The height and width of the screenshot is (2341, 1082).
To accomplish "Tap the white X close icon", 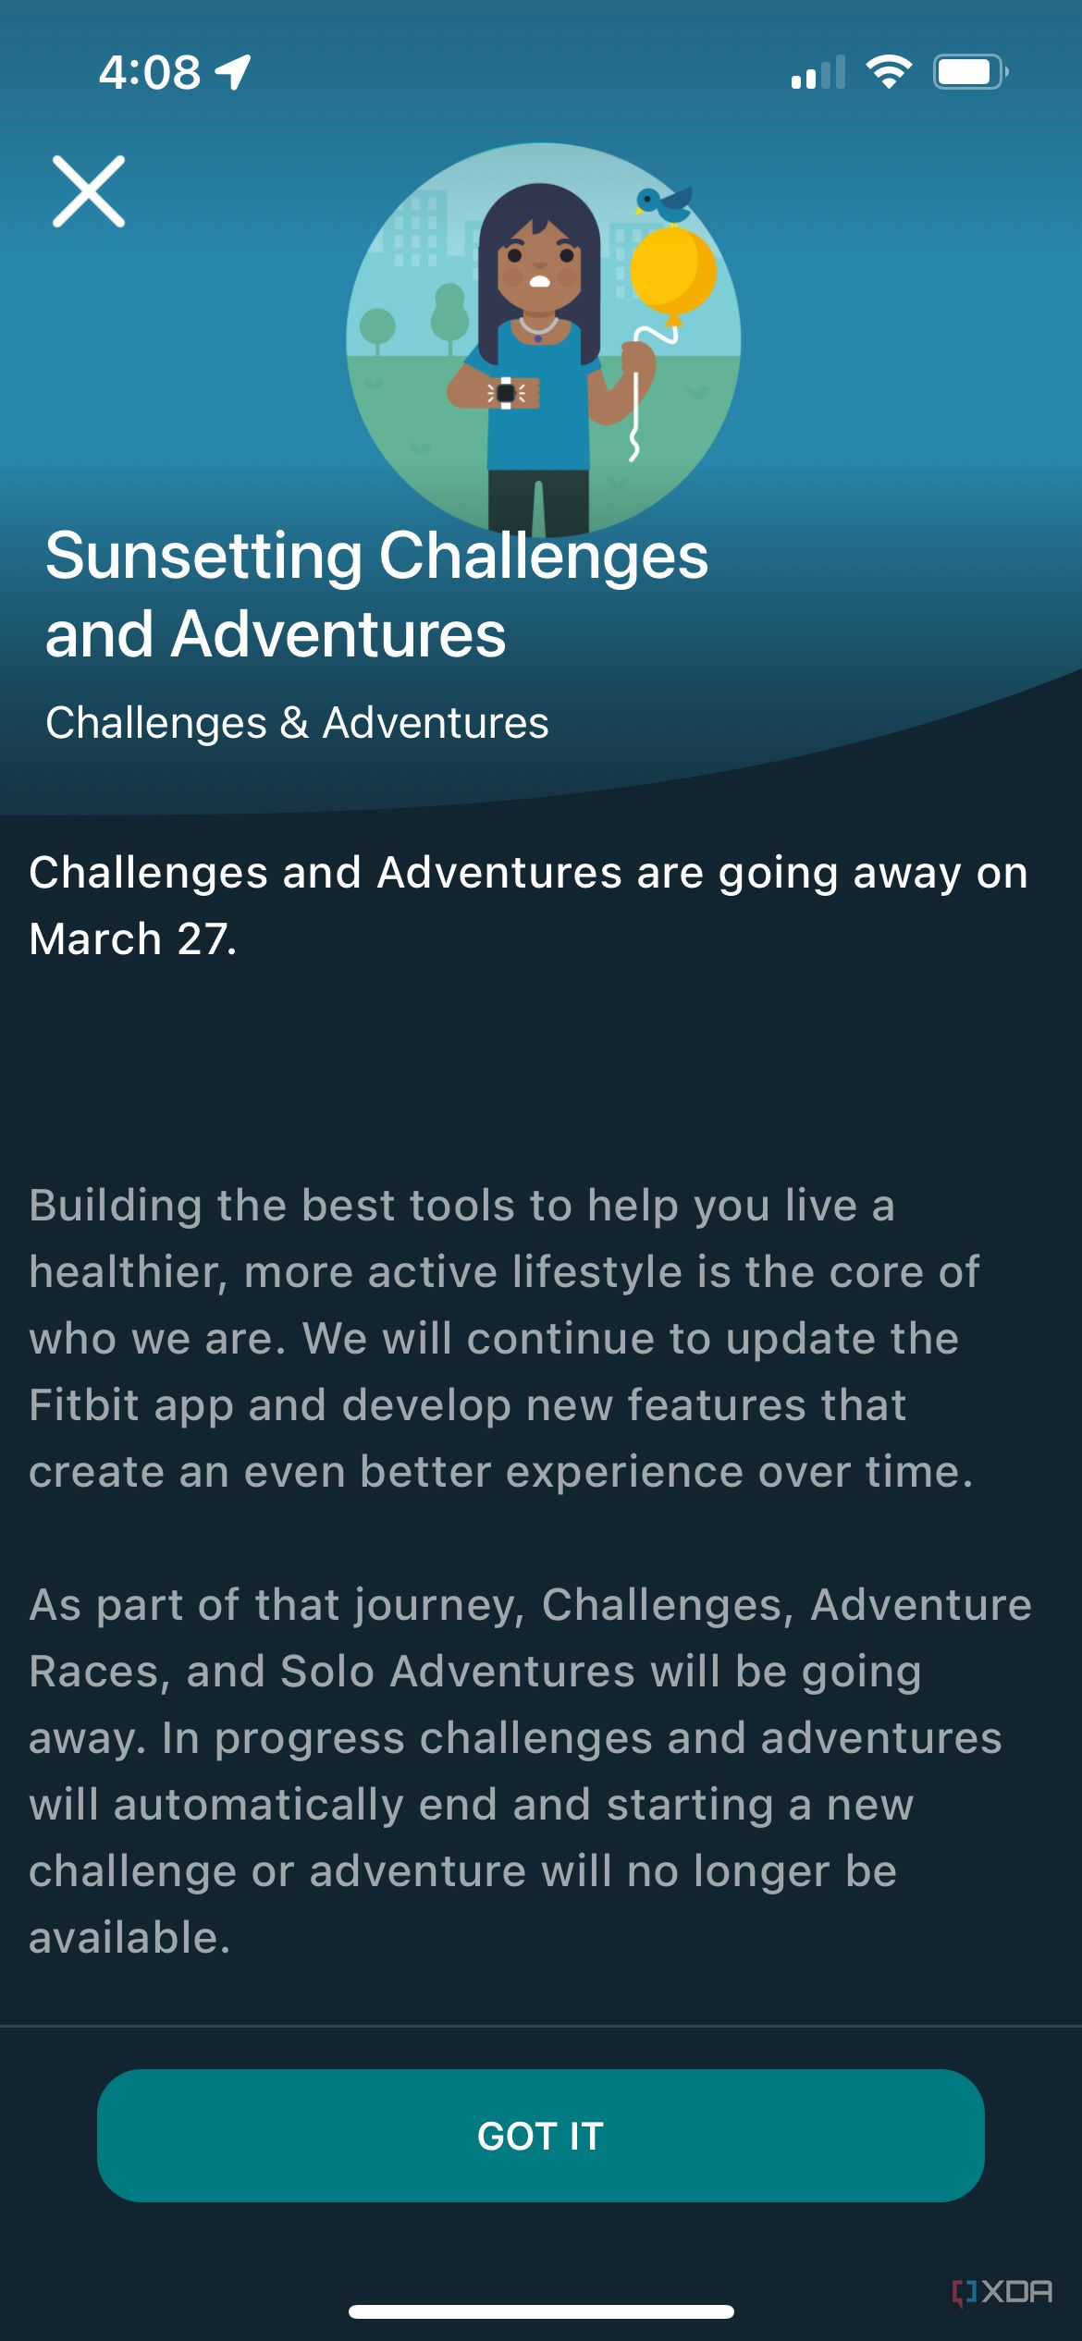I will [x=89, y=191].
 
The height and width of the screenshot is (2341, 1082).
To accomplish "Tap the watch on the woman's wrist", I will [x=506, y=393].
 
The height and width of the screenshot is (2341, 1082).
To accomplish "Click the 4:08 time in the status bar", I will [x=150, y=72].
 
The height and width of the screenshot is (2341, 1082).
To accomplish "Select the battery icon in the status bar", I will [x=968, y=72].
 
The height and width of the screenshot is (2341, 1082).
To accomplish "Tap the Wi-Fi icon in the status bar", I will [x=888, y=72].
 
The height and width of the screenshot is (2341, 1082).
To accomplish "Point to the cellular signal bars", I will [x=818, y=72].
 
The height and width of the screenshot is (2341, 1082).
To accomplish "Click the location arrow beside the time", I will [x=233, y=72].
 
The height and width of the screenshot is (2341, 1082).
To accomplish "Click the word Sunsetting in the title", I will [x=203, y=557].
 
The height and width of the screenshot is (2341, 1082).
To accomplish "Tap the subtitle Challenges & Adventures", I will [x=297, y=723].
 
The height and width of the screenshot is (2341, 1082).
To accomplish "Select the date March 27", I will [x=132, y=939].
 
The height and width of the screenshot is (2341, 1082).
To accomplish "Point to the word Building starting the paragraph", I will [x=116, y=1206].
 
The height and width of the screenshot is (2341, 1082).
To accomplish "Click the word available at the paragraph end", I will [x=129, y=1938].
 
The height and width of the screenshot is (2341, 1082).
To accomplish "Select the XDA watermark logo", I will [x=1002, y=2291].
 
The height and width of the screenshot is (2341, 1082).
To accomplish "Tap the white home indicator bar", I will [x=541, y=2312].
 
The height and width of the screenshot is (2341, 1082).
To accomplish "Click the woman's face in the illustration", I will [x=540, y=268].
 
